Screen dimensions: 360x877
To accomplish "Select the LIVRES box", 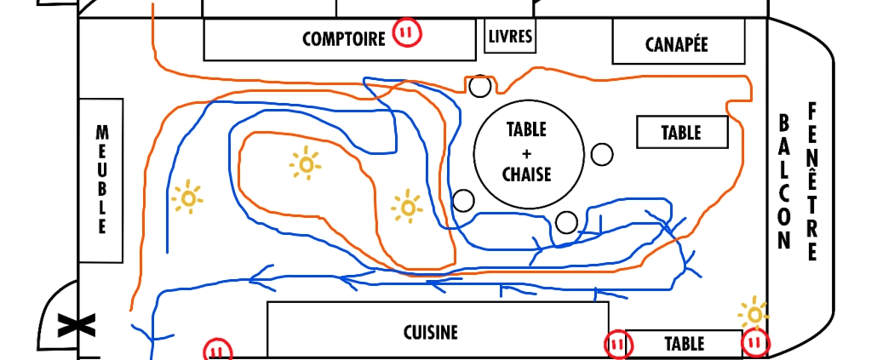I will (510, 36).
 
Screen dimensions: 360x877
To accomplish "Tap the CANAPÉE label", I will (677, 43).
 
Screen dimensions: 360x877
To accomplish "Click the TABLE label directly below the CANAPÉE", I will (681, 133).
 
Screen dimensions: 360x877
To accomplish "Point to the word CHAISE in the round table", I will (526, 174).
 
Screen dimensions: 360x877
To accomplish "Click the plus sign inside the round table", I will (526, 153).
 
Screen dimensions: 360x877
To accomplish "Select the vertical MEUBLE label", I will (101, 180).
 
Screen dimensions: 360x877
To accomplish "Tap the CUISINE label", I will (431, 333).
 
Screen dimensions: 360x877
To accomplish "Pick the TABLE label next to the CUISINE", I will (684, 344).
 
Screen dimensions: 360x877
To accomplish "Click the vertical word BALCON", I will (784, 180).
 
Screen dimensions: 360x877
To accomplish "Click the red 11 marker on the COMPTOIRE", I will (407, 34).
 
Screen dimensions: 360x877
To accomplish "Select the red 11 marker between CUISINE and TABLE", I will (618, 345).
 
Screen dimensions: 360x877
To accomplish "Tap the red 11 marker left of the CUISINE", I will (217, 351).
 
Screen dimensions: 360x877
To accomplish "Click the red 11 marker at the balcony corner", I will (755, 344).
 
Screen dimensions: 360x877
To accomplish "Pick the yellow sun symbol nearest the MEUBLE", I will (187, 197).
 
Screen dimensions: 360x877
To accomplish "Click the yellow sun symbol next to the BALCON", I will (753, 313).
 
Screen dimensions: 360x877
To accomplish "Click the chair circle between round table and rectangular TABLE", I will (602, 154).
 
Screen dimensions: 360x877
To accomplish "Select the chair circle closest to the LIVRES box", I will (479, 86).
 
